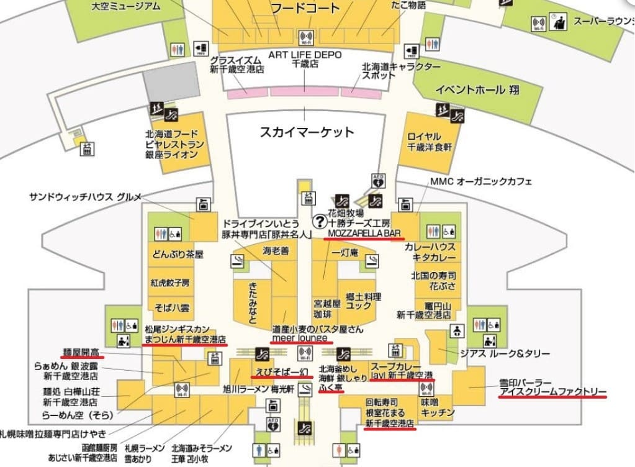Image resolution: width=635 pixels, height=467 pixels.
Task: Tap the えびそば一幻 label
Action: pos(279,372)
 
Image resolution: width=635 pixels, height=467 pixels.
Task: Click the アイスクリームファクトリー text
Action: pos(552,392)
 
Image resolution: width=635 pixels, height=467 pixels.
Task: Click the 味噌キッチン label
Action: pos(438,407)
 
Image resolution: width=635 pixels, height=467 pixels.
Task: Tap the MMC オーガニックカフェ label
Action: pos(480,181)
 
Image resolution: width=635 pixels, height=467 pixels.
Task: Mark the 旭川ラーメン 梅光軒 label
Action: pos(254,389)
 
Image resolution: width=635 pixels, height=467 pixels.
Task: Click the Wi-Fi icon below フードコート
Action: pos(305,37)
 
